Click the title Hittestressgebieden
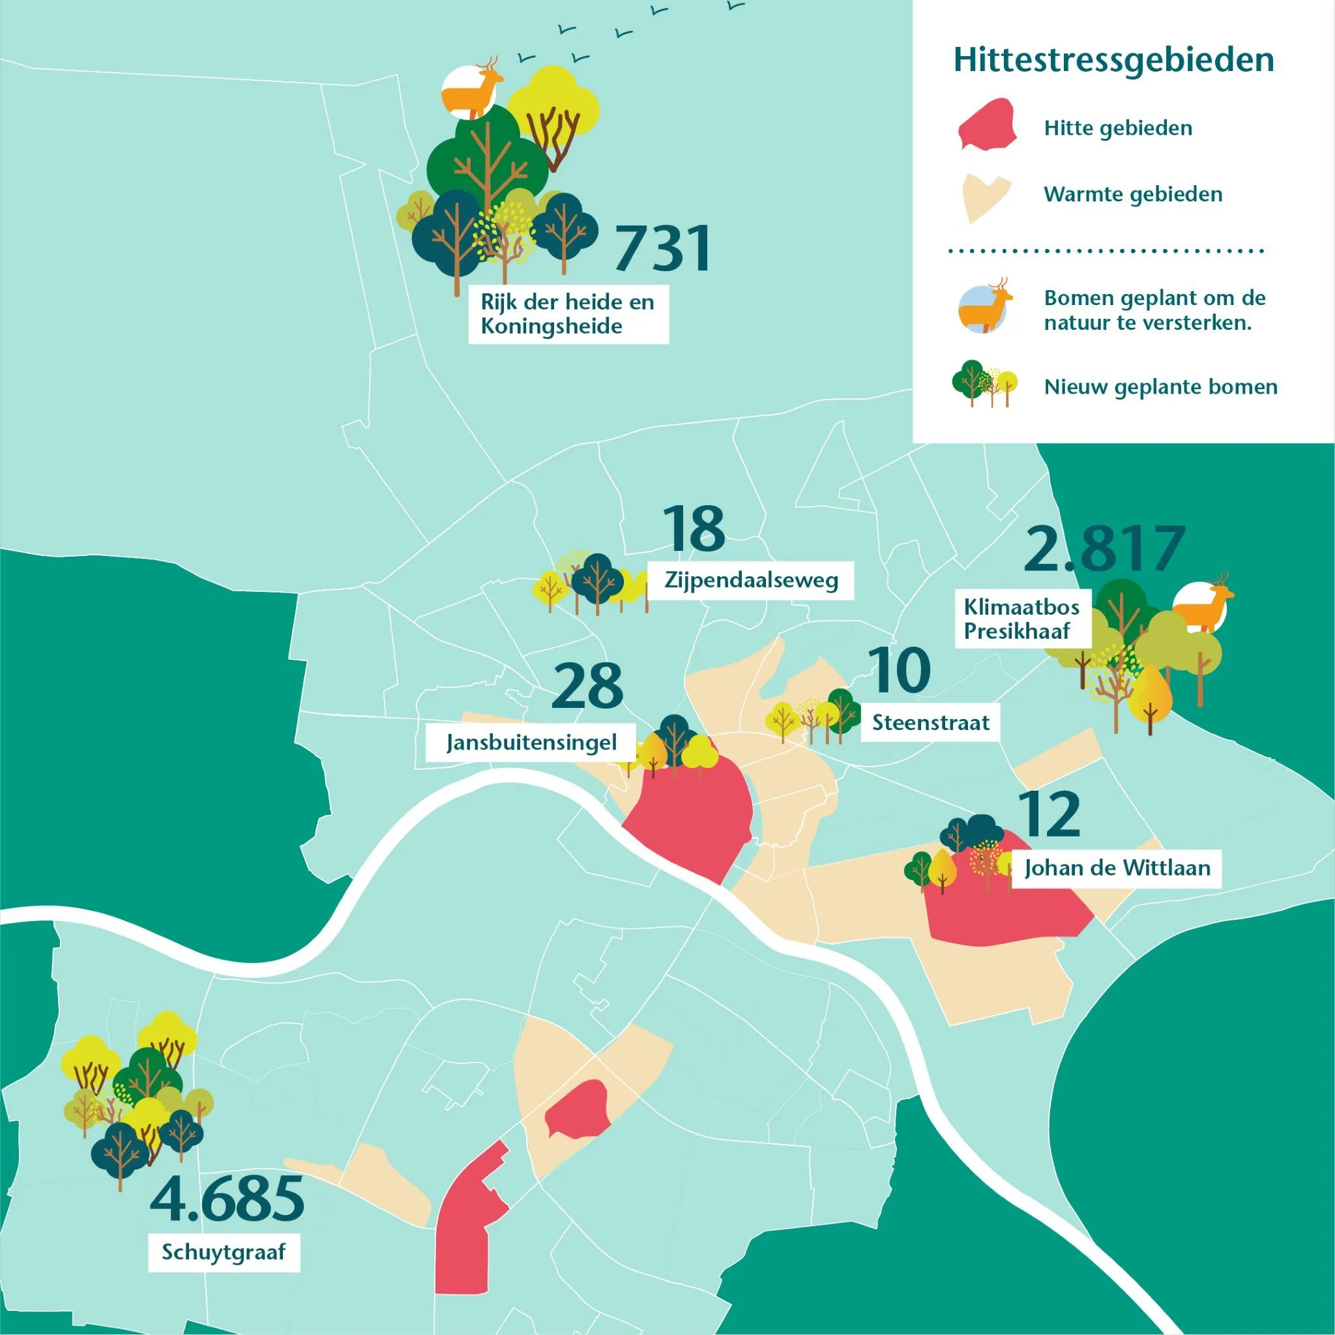[x=1113, y=60]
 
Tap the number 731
[x=661, y=248]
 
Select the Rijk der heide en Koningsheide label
[x=568, y=314]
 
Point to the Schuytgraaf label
[x=224, y=1252]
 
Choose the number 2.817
[x=1104, y=550]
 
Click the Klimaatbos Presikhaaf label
[x=1022, y=619]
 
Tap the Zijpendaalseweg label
[x=750, y=579]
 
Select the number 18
[x=693, y=529]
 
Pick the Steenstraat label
[x=930, y=723]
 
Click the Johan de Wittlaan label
[x=1117, y=868]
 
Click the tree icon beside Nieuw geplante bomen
[x=984, y=384]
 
